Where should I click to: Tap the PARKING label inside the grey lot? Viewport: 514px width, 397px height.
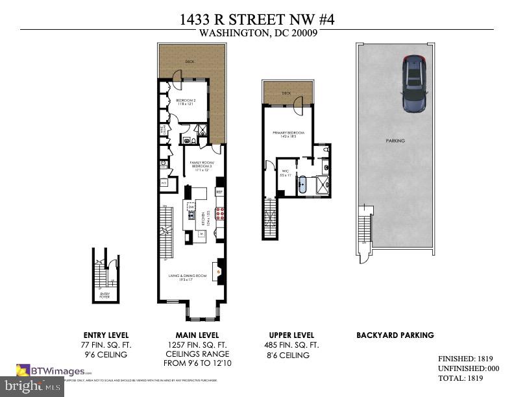click(x=395, y=141)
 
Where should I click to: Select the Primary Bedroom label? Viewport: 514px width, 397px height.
click(x=287, y=135)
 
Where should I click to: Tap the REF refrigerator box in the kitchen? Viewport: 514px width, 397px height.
click(x=219, y=192)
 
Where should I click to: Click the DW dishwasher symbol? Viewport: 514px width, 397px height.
click(x=191, y=207)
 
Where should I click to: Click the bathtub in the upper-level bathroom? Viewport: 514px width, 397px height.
click(x=302, y=186)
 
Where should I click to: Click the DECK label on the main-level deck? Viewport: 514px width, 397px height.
click(x=190, y=62)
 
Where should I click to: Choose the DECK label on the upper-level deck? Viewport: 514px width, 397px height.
click(x=286, y=93)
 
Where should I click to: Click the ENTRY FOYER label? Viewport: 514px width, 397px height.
click(x=104, y=295)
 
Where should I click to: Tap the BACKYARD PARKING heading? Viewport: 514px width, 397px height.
click(x=395, y=335)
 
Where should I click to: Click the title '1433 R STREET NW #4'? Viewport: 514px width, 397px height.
click(x=257, y=19)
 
